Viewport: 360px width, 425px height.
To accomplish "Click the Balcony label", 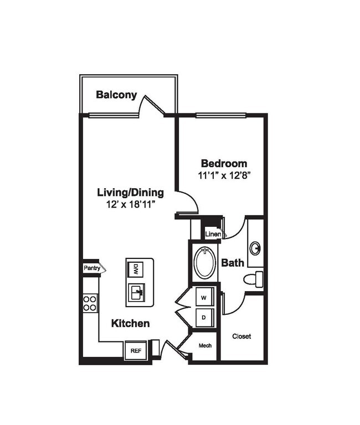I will (x=116, y=95).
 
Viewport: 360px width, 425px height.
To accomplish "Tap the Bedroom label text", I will (x=224, y=164).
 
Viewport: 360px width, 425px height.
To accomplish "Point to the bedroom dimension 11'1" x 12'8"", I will (x=224, y=176).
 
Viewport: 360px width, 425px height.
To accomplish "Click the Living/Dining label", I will (x=131, y=193).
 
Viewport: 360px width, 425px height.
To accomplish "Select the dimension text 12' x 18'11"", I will (x=131, y=205).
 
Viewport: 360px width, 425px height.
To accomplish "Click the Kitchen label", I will (x=131, y=323).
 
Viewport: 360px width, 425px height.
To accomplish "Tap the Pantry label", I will (x=92, y=268).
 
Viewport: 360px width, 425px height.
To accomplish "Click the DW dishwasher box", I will (x=136, y=269).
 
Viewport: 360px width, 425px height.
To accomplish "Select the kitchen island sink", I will (x=136, y=292).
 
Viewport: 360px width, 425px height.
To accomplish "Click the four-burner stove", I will (x=90, y=303).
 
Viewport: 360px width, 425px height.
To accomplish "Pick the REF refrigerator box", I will (x=136, y=350).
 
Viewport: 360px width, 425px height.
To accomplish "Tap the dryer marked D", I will (x=204, y=318).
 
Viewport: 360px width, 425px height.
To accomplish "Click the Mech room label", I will (x=205, y=346).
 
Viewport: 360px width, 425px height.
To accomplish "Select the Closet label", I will (x=241, y=336).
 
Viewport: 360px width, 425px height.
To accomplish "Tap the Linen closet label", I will (x=213, y=235).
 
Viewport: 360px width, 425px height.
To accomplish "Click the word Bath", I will (x=233, y=262).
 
